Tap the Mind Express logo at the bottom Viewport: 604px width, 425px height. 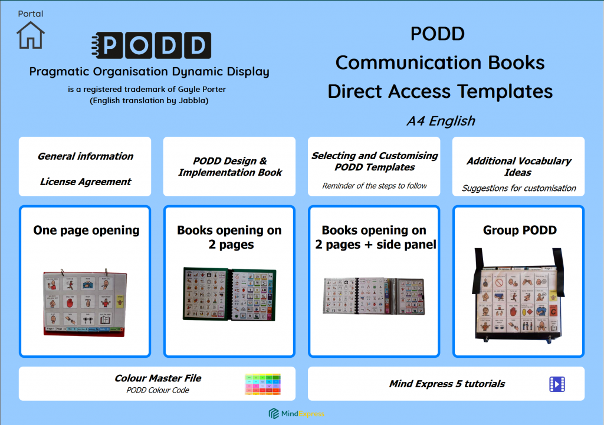(x=297, y=413)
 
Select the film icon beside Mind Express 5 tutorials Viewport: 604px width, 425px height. (x=557, y=384)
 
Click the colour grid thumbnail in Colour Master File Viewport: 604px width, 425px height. (x=262, y=384)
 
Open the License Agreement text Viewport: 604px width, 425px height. (x=86, y=182)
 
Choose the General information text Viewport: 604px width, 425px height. (x=86, y=156)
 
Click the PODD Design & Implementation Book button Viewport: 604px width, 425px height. (x=229, y=167)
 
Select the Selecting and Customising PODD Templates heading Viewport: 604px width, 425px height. (x=375, y=162)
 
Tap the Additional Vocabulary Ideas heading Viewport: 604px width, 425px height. (x=518, y=167)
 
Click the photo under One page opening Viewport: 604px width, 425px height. (x=86, y=302)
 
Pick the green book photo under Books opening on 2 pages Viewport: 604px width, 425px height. (x=229, y=294)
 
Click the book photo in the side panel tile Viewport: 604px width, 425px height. (x=374, y=296)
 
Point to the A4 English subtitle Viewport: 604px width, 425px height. (x=441, y=121)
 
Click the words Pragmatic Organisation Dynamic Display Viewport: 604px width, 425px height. (x=149, y=72)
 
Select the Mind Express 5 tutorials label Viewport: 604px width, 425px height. (x=447, y=384)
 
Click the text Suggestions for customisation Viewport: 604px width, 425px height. (x=518, y=188)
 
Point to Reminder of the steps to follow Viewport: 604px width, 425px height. (x=375, y=186)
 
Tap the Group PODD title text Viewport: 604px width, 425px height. (x=519, y=230)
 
